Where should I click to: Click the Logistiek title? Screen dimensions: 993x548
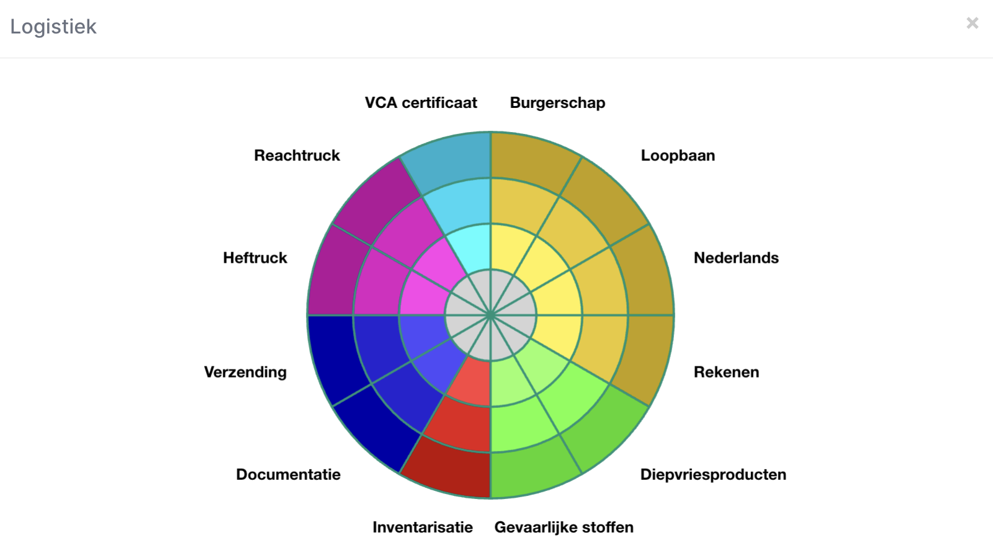point(53,27)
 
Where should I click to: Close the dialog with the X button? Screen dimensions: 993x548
point(972,23)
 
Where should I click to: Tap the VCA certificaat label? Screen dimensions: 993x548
point(421,103)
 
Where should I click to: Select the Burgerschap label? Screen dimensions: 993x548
point(557,103)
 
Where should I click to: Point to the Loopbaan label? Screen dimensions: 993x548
point(678,156)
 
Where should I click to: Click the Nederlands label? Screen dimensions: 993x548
point(736,258)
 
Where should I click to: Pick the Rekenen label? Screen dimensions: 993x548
point(726,372)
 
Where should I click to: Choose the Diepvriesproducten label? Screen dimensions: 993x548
point(713,474)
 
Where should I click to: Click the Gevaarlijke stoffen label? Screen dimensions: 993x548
point(564,527)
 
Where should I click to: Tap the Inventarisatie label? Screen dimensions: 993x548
point(423,527)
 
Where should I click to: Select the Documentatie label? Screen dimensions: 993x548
point(288,474)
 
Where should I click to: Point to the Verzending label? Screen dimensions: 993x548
point(245,372)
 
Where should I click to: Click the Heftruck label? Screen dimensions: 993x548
point(255,258)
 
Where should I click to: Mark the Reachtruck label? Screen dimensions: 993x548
point(297,156)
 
